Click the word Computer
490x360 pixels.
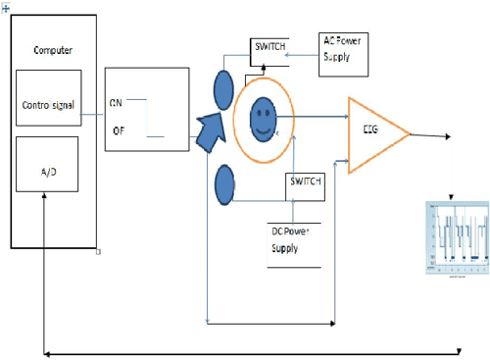tap(53, 50)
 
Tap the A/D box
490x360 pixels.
tap(48, 171)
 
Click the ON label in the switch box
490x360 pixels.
tap(116, 100)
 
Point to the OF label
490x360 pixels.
tap(118, 129)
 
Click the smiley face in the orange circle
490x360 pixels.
tap(262, 122)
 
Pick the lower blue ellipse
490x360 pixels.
tap(224, 184)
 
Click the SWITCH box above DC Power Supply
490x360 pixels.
tap(303, 183)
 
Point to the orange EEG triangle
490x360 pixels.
tap(372, 131)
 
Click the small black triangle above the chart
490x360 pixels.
tap(452, 197)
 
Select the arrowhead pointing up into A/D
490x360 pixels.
tap(45, 196)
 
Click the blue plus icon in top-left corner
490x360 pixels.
tap(4, 4)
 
